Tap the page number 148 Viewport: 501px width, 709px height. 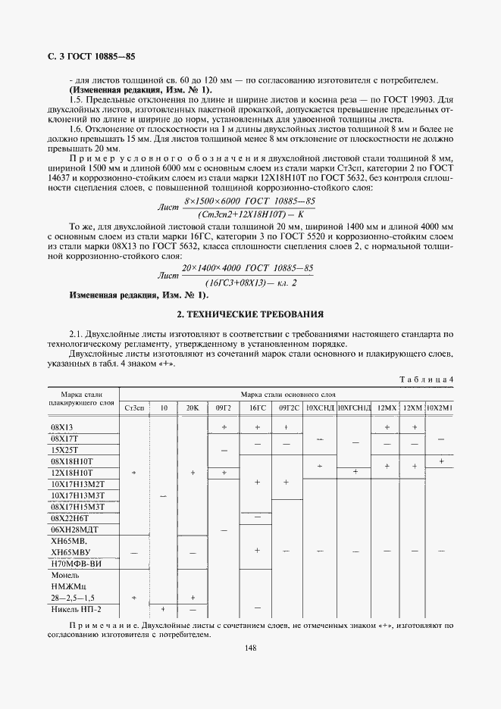[x=250, y=647]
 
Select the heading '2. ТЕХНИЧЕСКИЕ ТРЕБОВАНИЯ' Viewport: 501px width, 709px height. [x=250, y=313]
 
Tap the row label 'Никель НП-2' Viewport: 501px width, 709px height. [x=75, y=609]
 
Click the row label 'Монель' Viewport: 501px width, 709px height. [x=64, y=575]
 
